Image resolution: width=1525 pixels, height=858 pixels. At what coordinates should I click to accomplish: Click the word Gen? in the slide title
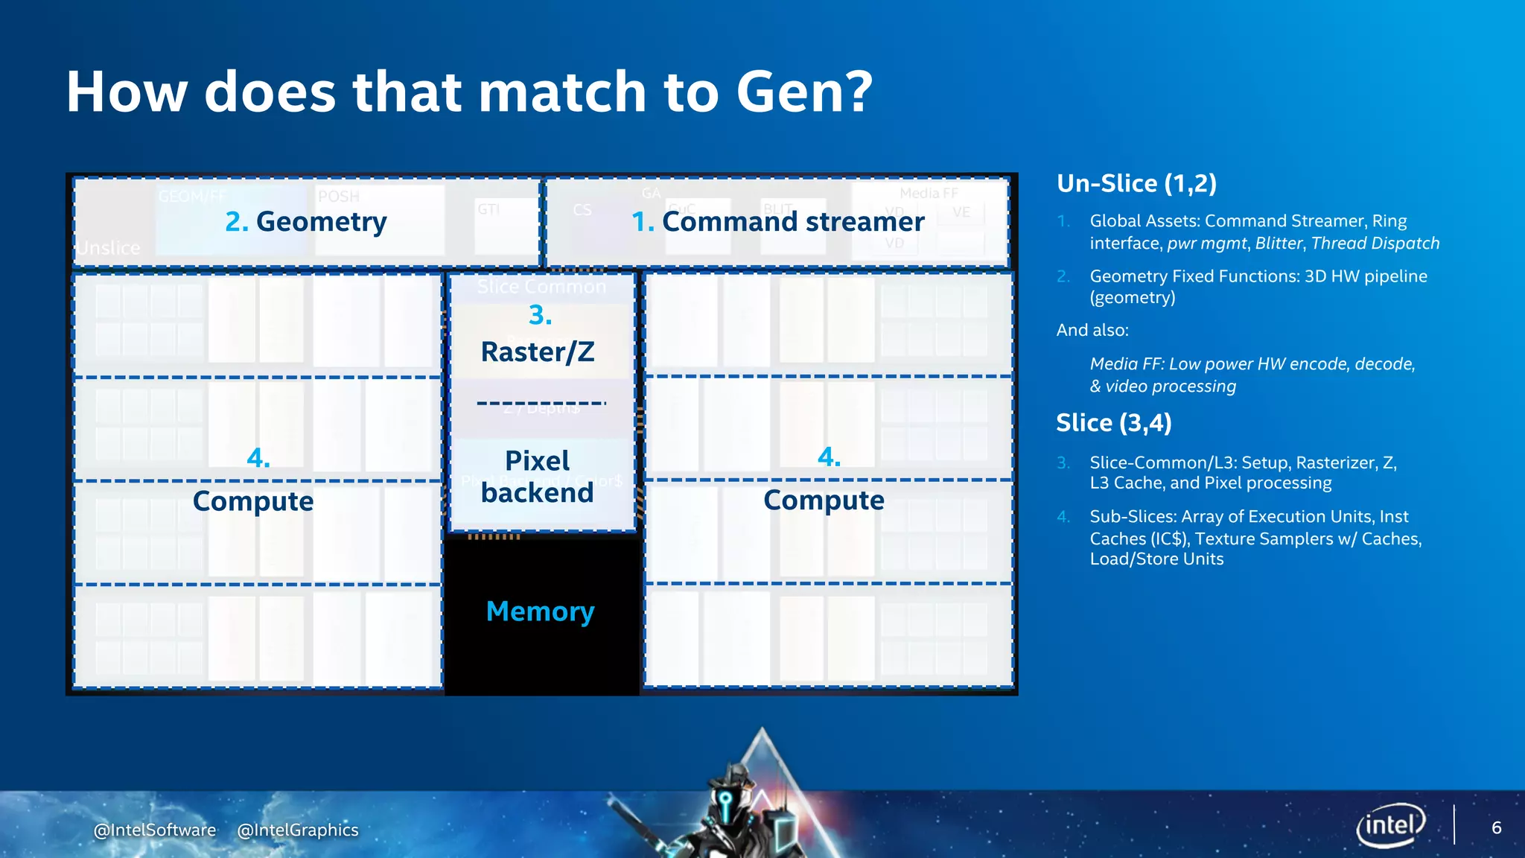pyautogui.click(x=803, y=92)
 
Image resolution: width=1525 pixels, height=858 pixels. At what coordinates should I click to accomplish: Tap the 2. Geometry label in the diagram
pyautogui.click(x=306, y=221)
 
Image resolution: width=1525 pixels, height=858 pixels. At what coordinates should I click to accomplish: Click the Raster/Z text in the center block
pyautogui.click(x=538, y=352)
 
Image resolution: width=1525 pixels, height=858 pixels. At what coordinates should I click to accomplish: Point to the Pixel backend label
pyautogui.click(x=537, y=477)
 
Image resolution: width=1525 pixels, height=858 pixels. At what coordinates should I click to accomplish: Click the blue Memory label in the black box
pyautogui.click(x=540, y=611)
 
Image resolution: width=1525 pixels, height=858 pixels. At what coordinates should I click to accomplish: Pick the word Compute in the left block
pyautogui.click(x=253, y=501)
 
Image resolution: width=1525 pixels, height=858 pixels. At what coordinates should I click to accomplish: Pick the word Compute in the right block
pyautogui.click(x=824, y=500)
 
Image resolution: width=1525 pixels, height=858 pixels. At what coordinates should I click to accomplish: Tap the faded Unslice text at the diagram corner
pyautogui.click(x=109, y=247)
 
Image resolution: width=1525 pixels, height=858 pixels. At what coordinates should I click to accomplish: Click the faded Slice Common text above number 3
pyautogui.click(x=541, y=287)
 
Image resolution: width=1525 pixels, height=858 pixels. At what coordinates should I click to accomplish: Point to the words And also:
pyautogui.click(x=1092, y=330)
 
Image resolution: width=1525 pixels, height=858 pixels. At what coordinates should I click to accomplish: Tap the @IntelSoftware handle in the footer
pyautogui.click(x=155, y=830)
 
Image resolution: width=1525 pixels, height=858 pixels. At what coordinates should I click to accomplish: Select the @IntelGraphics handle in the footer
pyautogui.click(x=298, y=830)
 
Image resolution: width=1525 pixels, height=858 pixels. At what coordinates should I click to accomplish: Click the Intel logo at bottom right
pyautogui.click(x=1390, y=825)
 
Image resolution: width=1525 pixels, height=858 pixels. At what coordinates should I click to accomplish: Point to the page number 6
pyautogui.click(x=1496, y=827)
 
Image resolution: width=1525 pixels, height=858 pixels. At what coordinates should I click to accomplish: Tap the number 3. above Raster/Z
pyautogui.click(x=540, y=315)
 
